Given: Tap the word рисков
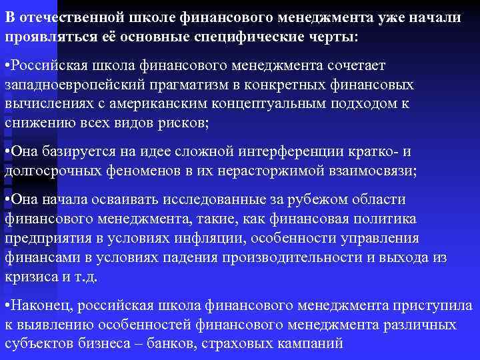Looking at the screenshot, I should click(x=185, y=124).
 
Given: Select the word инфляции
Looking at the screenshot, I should click(x=239, y=239).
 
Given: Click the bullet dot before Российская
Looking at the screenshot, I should click(x=7, y=67).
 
